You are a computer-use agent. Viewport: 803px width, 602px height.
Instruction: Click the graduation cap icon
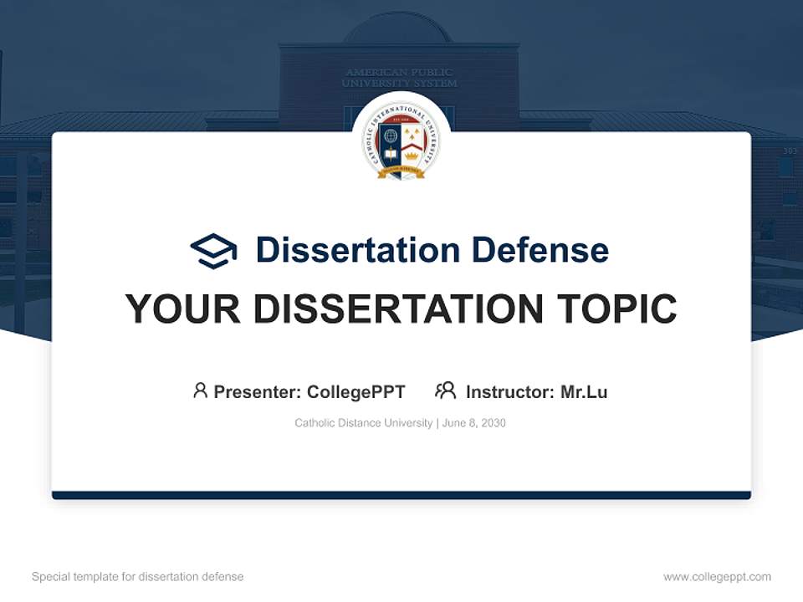click(x=213, y=250)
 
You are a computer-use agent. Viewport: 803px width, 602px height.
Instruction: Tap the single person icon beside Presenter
click(x=200, y=390)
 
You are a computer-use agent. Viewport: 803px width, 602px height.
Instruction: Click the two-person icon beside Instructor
click(x=445, y=390)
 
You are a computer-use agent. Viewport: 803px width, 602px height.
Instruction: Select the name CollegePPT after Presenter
click(x=356, y=391)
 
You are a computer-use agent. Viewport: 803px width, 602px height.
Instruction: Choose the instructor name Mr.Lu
click(x=584, y=391)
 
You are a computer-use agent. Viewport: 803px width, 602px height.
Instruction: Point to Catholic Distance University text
click(x=363, y=423)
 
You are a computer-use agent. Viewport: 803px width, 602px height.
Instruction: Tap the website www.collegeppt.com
click(x=717, y=577)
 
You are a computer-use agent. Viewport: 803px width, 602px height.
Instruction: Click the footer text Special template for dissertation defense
click(x=138, y=577)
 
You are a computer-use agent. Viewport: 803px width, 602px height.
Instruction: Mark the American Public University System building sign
click(x=400, y=78)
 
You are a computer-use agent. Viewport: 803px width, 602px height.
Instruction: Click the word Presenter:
click(x=258, y=391)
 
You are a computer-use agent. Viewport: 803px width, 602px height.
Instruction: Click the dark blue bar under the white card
click(x=401, y=495)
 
